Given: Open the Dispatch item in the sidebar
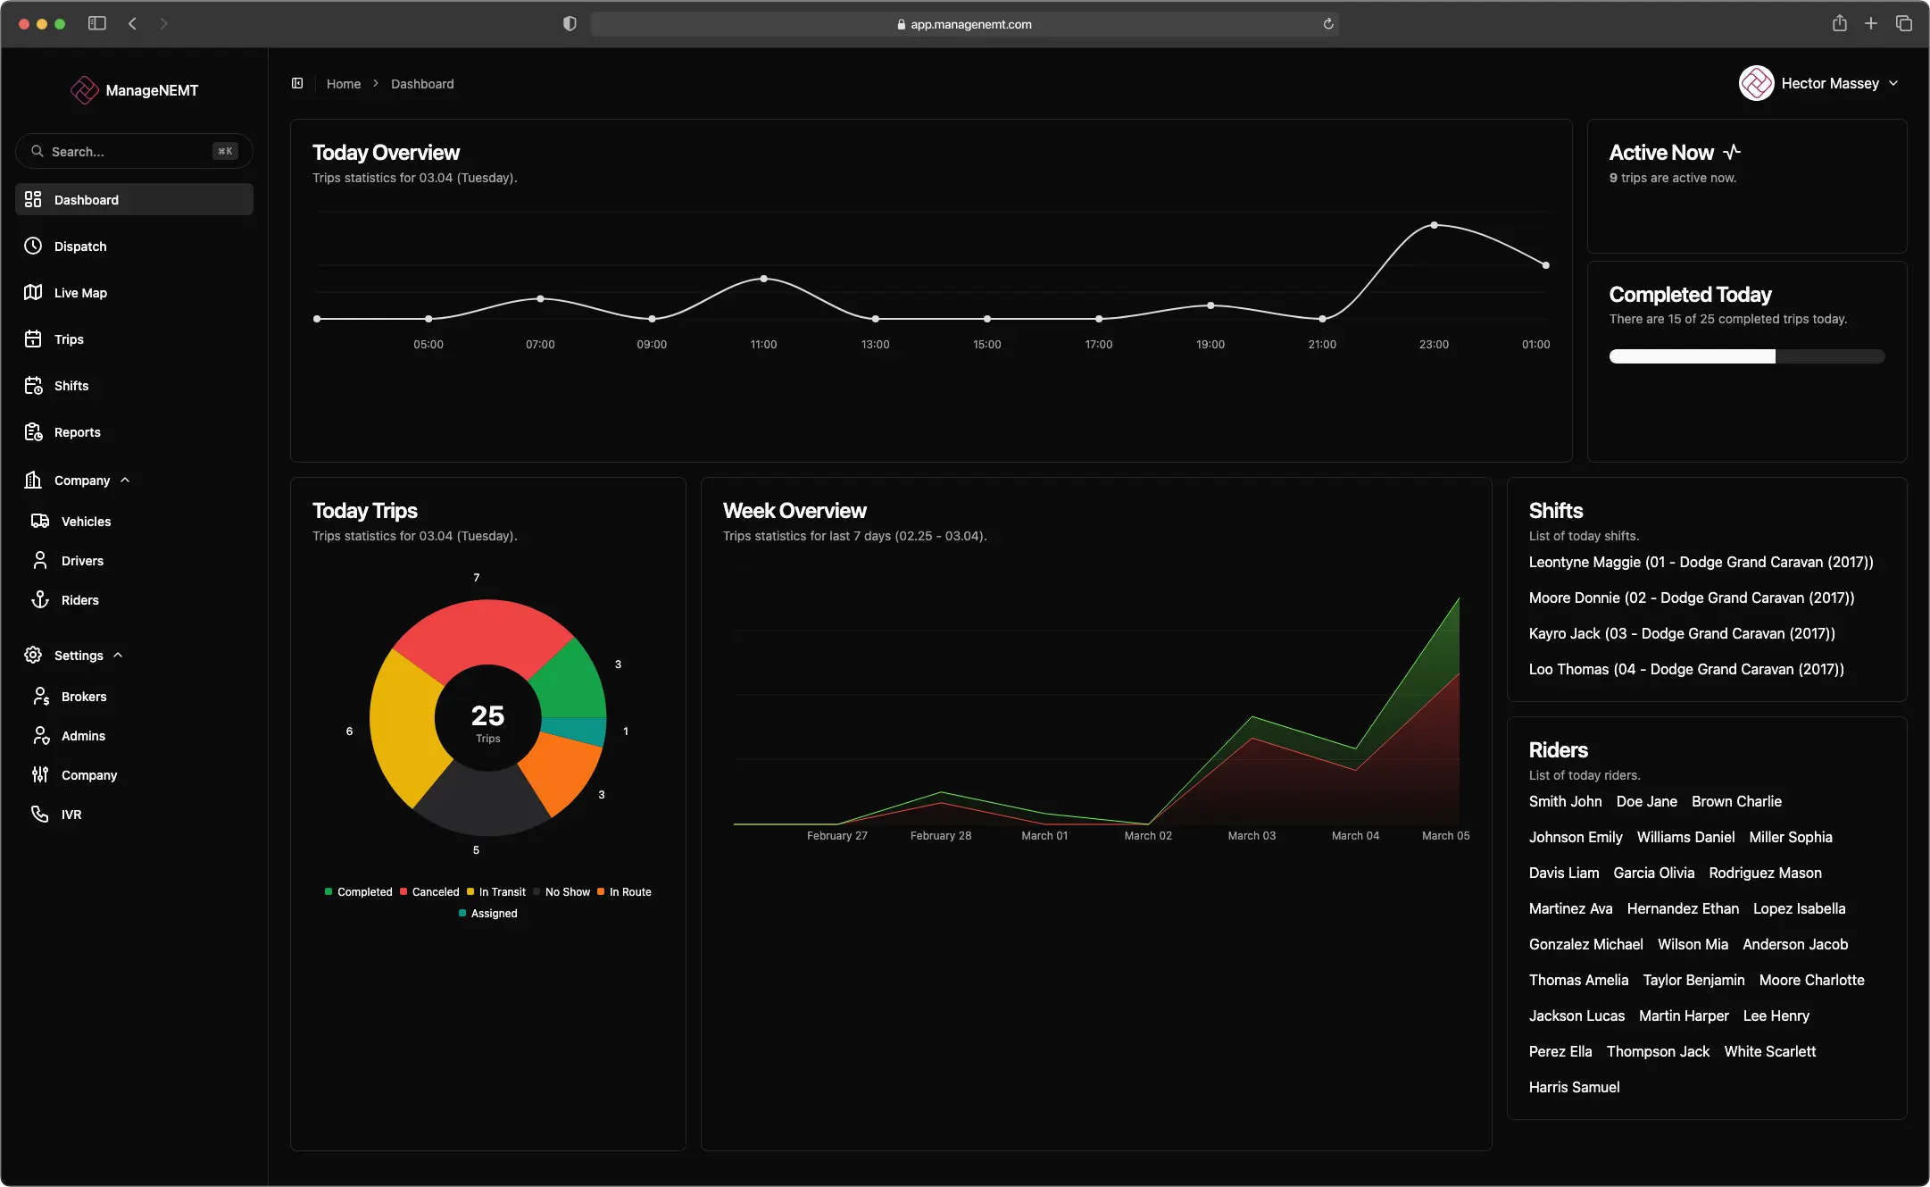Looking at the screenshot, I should [x=79, y=247].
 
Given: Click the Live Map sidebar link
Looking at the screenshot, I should [x=79, y=293].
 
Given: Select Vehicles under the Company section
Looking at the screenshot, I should [x=86, y=522].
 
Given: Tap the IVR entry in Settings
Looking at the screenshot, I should [x=71, y=815].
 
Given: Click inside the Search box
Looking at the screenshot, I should [x=125, y=152].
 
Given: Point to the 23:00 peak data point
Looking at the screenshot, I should [x=1434, y=225].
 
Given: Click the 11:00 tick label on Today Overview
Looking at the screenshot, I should [x=763, y=345].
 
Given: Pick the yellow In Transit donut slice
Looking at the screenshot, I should [x=402, y=723].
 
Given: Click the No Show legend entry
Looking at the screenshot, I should [x=566, y=892].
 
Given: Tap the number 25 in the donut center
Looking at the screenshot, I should [x=487, y=715].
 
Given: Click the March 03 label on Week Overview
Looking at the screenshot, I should [x=1252, y=836].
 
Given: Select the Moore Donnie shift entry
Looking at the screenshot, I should [x=1691, y=598].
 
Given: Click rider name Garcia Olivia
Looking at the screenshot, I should [x=1653, y=874].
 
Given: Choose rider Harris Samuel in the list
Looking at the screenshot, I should [x=1574, y=1088].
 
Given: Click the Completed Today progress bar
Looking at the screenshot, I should [x=1746, y=357].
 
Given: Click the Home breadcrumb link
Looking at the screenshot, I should [x=344, y=84].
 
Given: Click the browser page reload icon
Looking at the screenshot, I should [x=1327, y=24].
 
